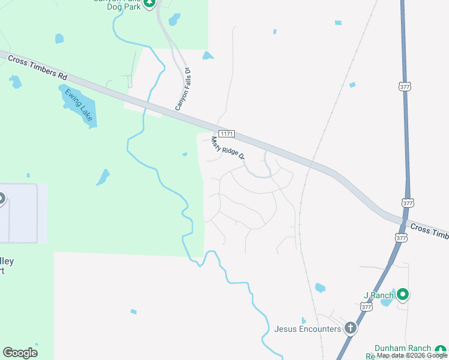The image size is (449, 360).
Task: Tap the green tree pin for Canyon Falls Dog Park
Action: (x=150, y=3)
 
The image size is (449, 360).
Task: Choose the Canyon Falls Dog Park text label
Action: (x=117, y=2)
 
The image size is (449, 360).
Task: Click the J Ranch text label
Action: (x=379, y=295)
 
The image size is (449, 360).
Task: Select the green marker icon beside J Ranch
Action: (x=403, y=295)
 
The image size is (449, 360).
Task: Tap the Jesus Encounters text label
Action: (x=307, y=329)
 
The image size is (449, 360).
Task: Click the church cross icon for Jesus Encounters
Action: (x=350, y=328)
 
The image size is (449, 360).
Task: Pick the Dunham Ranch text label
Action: (x=403, y=349)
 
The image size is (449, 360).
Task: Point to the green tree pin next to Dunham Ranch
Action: (x=441, y=349)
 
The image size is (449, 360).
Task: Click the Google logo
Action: (x=20, y=353)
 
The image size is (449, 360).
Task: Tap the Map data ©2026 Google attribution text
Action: (x=412, y=356)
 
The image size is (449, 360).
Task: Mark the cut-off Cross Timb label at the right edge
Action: (x=429, y=231)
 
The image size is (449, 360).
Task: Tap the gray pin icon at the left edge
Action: (x=2, y=198)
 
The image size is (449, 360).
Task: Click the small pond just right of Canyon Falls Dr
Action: (x=208, y=56)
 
